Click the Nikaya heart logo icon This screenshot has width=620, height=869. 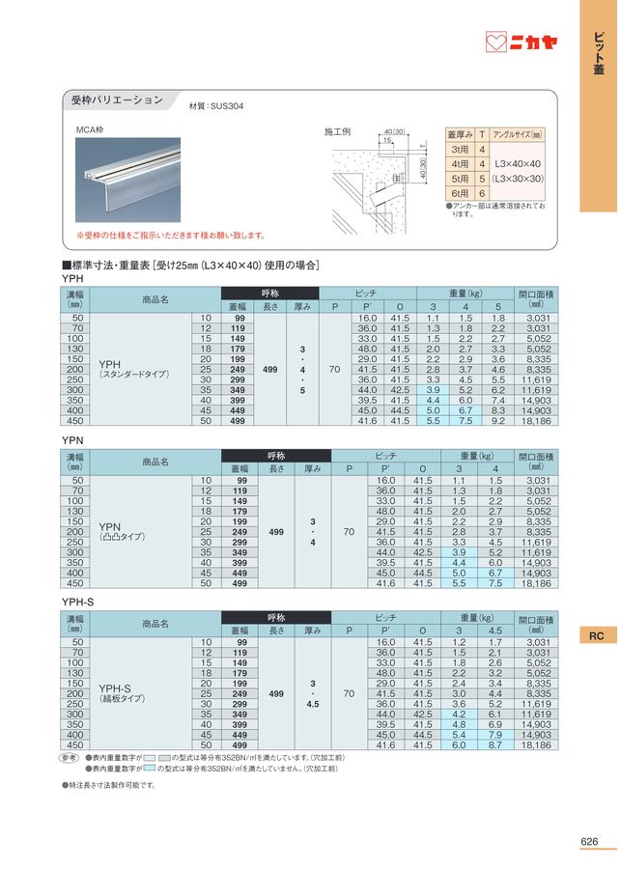point(495,42)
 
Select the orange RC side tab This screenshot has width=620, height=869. point(597,635)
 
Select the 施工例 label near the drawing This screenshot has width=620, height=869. point(338,130)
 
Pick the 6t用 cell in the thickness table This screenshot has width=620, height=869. point(460,193)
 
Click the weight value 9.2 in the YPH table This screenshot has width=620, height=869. point(497,421)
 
